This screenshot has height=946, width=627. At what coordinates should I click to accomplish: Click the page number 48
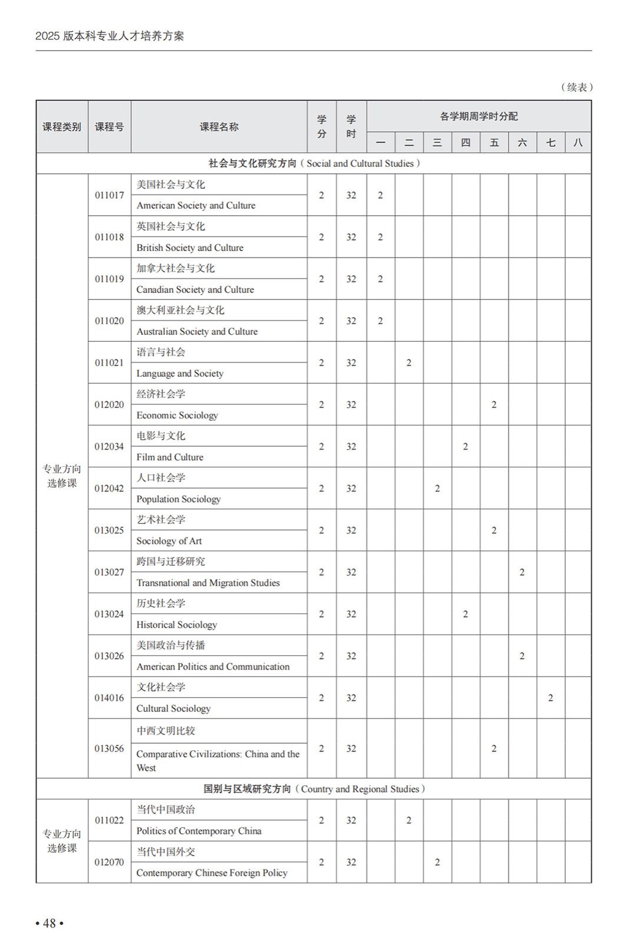[49, 923]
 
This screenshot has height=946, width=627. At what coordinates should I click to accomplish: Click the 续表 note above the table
[576, 87]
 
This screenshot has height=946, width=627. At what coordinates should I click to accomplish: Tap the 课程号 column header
[109, 127]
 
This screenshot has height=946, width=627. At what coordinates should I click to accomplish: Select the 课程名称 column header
[219, 127]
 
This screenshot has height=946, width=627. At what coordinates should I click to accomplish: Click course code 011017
[109, 195]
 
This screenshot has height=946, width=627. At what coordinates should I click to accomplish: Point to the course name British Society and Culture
[190, 248]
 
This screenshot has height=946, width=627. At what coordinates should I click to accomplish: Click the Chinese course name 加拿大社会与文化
[176, 268]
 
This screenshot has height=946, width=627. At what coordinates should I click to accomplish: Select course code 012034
[109, 446]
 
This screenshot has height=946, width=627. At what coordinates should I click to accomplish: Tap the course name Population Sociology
[179, 499]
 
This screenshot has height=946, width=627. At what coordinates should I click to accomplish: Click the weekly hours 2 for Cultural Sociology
[550, 698]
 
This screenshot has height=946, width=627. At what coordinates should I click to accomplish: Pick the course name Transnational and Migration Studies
[208, 582]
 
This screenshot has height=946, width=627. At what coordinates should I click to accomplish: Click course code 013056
[109, 748]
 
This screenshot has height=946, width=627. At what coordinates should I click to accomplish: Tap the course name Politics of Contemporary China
[199, 830]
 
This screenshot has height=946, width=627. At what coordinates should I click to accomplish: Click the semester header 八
[578, 142]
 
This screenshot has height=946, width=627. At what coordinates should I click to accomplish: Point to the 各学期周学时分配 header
[478, 116]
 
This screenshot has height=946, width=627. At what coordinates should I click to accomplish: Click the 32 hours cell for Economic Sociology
[351, 404]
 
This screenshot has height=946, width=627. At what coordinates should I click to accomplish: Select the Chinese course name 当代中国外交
[166, 852]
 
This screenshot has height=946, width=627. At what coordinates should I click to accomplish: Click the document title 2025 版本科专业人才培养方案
[110, 36]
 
